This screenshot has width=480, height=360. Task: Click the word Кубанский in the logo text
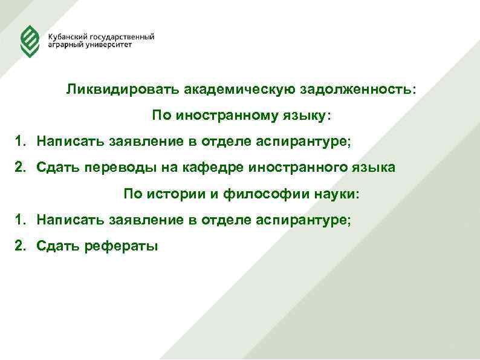[67, 37]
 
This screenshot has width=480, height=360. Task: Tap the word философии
[254, 194]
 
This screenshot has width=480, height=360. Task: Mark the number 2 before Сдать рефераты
[20, 246]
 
